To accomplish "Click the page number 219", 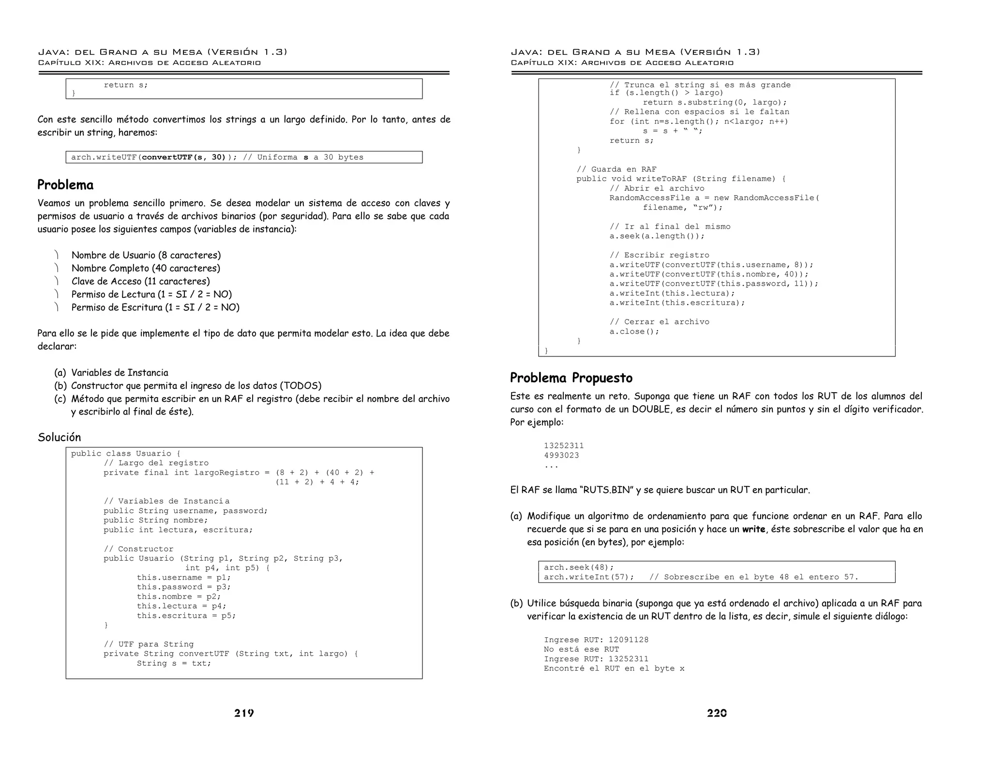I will point(244,713).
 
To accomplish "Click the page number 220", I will point(717,713).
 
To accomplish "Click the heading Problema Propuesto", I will point(571,378).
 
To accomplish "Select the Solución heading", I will point(60,437).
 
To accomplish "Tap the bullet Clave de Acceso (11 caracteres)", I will point(140,281).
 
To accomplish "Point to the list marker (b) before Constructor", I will point(60,386).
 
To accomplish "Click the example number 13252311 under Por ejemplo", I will point(564,445).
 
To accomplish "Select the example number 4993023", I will point(561,455).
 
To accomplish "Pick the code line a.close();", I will point(634,332).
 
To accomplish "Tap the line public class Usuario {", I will point(126,454).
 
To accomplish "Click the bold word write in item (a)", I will point(753,529).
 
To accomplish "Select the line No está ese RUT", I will point(581,649).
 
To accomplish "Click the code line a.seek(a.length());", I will point(657,236).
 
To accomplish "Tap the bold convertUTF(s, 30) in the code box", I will point(184,157).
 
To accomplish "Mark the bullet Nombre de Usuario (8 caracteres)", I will point(146,255).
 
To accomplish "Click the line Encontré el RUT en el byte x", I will point(614,669).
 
